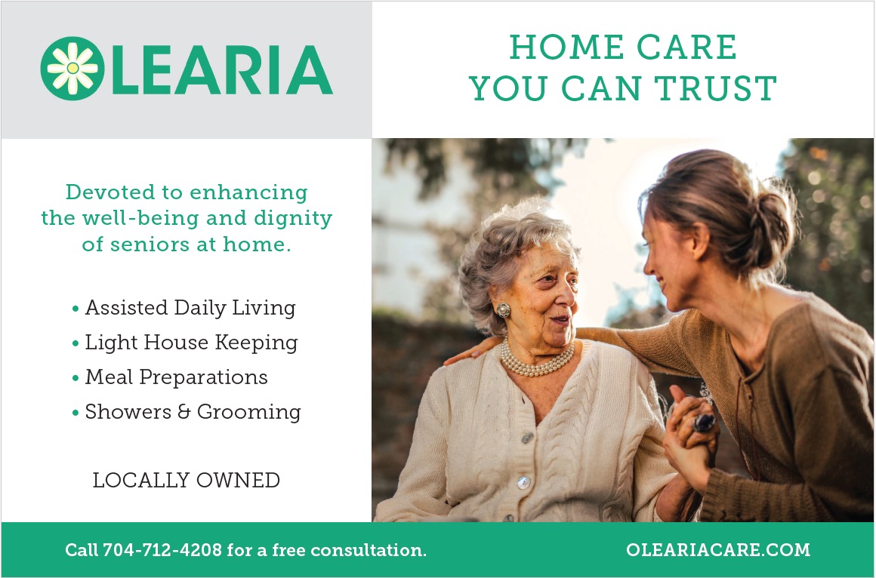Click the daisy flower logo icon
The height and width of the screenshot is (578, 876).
point(72,68)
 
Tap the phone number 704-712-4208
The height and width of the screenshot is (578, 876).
point(162,550)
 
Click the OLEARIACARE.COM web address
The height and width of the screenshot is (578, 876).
point(718,549)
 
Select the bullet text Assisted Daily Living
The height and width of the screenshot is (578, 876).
point(190,308)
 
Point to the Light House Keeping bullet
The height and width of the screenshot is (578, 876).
point(191,343)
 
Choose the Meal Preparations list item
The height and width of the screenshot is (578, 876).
point(176,377)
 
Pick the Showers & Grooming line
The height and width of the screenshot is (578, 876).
point(193,411)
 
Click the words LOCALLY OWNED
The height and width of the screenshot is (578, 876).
point(186,480)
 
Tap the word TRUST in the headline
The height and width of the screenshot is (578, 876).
point(715,88)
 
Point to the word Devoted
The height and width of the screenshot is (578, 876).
point(110,192)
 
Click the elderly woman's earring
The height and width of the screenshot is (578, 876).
point(503,310)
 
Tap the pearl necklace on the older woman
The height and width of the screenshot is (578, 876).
point(535,360)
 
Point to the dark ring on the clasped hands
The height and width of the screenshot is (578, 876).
point(703,423)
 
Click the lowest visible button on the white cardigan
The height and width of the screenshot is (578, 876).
point(523,482)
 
